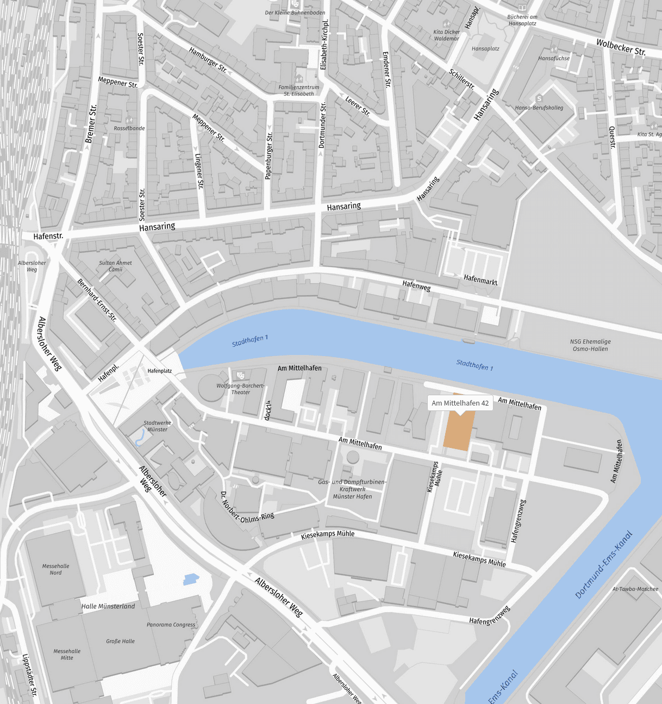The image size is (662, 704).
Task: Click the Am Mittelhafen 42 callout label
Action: coord(460,403)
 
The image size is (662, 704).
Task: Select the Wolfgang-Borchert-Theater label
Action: coord(240,389)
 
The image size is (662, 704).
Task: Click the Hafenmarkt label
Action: coord(480,279)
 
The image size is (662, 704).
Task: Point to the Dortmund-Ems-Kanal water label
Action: coord(603,565)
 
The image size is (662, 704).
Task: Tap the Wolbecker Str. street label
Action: coord(621,48)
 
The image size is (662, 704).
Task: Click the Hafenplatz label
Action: coord(160,371)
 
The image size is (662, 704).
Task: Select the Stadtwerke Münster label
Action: coord(157,426)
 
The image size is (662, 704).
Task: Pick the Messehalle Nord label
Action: coord(55,569)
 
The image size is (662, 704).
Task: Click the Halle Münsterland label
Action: coord(108,606)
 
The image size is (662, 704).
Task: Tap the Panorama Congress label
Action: coord(171,625)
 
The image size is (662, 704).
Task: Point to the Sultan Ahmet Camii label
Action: coord(115,266)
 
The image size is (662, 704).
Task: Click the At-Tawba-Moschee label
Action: coord(635,589)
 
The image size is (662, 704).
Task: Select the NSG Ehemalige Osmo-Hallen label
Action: coord(590,345)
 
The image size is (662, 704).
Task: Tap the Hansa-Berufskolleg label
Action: coord(539,108)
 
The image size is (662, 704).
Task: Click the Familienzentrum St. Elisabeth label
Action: coord(298,90)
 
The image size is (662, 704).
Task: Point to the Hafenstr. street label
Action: coord(48,236)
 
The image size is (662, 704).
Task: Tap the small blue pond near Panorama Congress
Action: coord(191,580)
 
